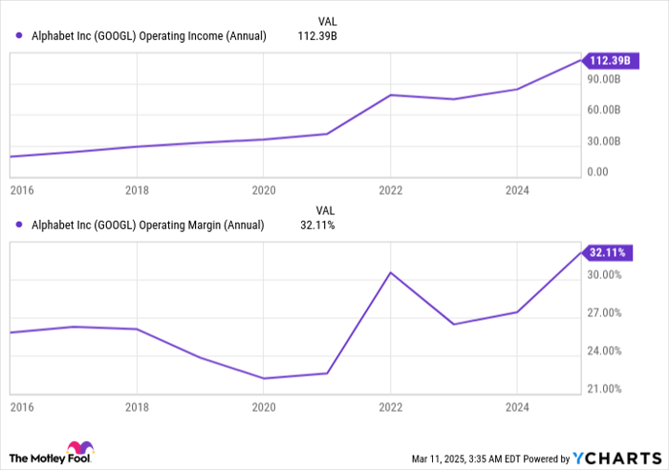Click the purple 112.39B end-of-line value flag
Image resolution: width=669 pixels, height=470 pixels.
coord(608,60)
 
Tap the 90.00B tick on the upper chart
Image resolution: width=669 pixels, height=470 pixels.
coord(605,80)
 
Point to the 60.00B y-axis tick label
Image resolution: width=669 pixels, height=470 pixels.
coord(605,110)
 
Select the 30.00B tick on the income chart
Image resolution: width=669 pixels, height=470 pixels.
coord(605,141)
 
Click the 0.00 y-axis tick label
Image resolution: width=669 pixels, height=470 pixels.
coord(599,172)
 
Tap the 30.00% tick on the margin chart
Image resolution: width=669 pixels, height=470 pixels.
coord(605,275)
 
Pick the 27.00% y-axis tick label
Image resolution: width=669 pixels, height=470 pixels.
coord(605,313)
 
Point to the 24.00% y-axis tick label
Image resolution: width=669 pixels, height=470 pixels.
coord(605,351)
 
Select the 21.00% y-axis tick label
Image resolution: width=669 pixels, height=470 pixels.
coord(605,389)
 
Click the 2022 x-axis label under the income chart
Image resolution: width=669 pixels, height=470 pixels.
coord(390,189)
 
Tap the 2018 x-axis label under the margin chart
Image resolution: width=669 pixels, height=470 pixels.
coord(138,406)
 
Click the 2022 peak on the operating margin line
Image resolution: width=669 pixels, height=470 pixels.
coord(390,272)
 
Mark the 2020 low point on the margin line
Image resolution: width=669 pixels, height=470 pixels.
coord(264,378)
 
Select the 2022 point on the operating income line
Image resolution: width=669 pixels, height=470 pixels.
coord(390,95)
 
